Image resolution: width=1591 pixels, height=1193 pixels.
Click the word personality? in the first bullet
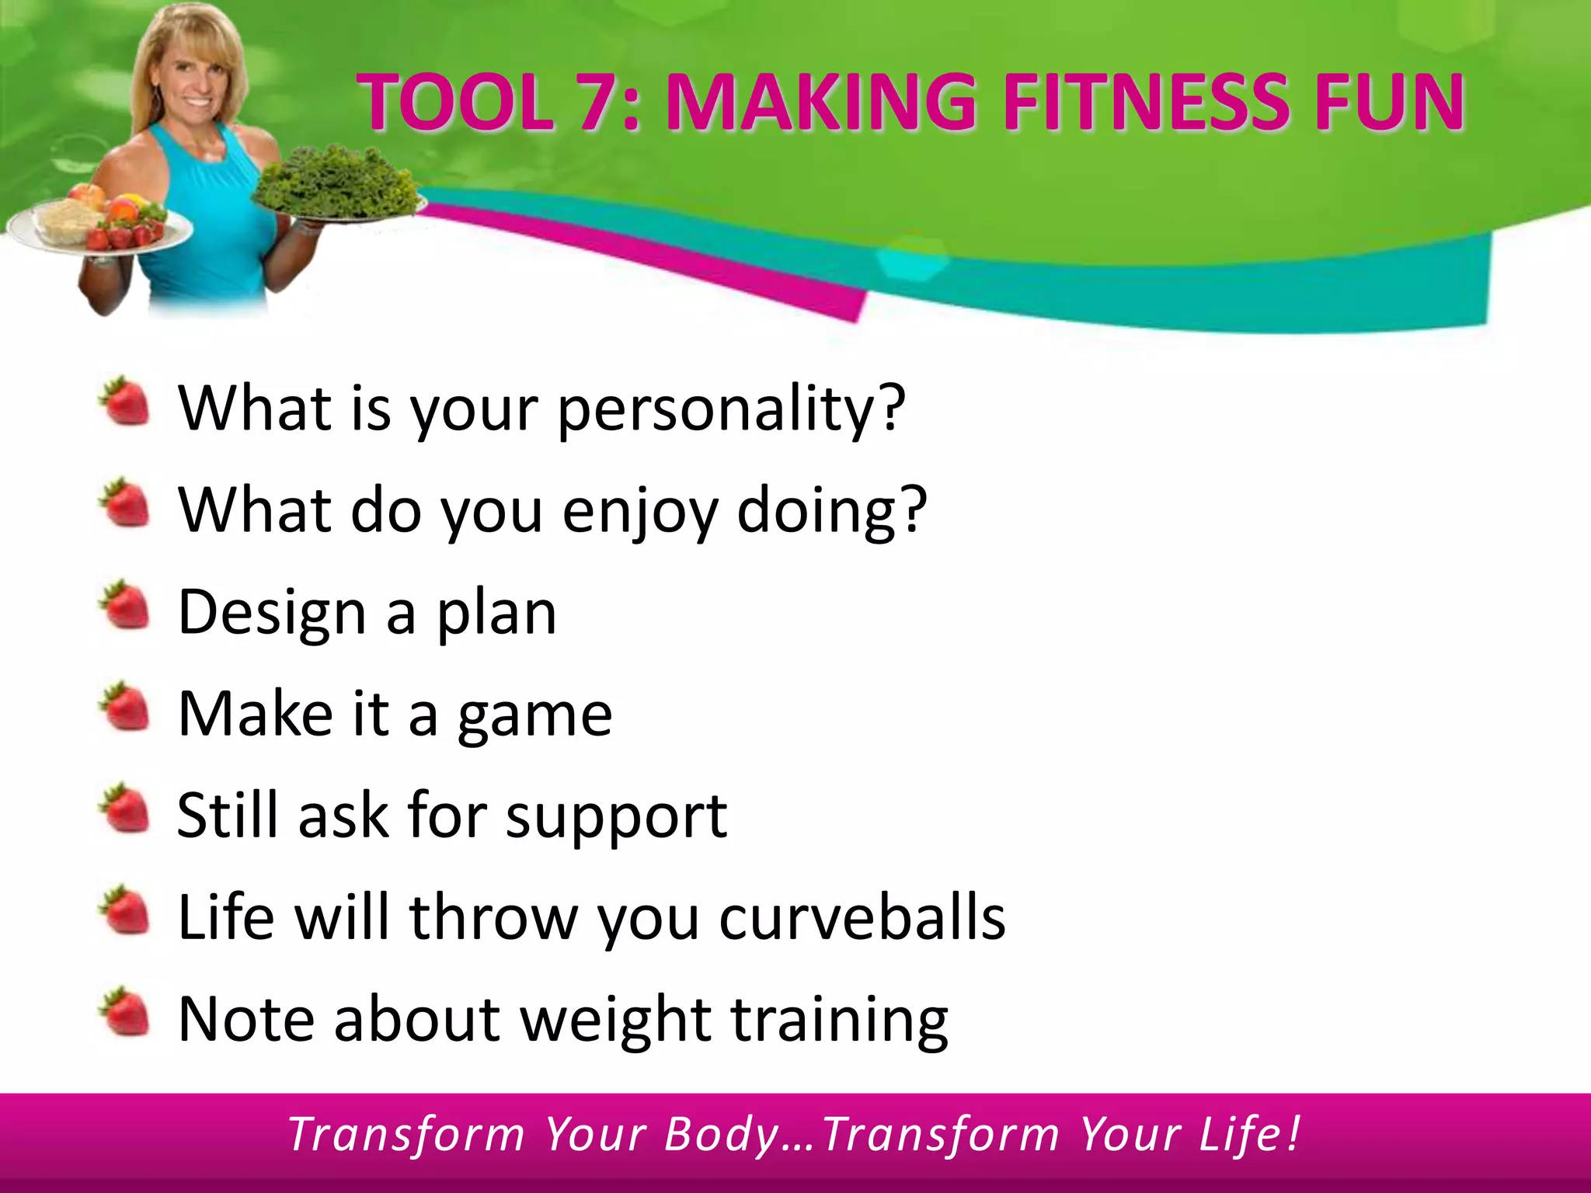click(x=731, y=409)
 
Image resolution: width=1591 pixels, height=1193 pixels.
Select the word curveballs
click(x=862, y=917)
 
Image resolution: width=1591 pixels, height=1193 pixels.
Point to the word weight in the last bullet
click(x=615, y=1021)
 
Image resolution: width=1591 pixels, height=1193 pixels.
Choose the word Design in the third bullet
click(x=271, y=614)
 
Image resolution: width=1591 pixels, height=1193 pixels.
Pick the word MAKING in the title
click(x=820, y=102)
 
